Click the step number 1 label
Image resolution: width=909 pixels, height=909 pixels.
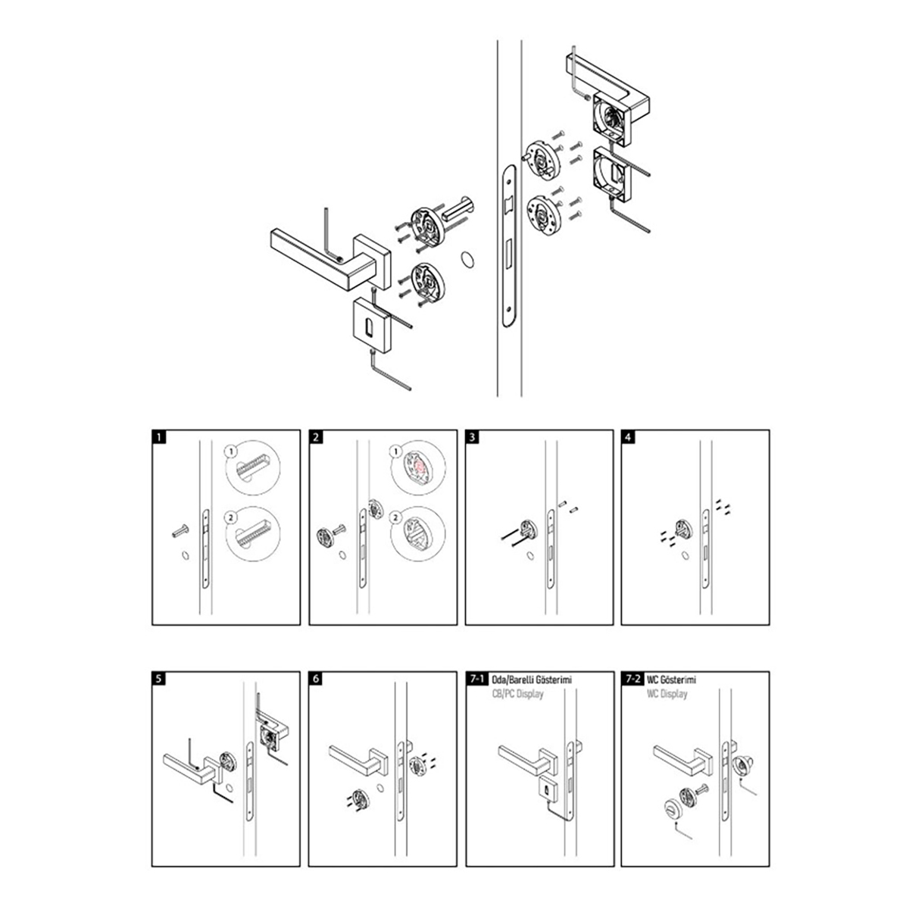click(x=158, y=437)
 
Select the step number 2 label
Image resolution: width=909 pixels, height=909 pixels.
click(x=316, y=437)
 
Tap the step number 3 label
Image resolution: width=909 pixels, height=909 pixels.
click(x=472, y=437)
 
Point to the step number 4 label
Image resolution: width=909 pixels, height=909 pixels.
click(x=628, y=437)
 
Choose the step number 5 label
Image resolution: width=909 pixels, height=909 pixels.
click(x=158, y=679)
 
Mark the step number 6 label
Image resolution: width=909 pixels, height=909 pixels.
click(x=316, y=679)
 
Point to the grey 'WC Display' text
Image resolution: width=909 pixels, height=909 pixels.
click(x=667, y=694)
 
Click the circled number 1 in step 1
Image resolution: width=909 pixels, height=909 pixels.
click(x=232, y=450)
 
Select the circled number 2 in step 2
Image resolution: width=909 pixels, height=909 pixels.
click(x=395, y=518)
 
